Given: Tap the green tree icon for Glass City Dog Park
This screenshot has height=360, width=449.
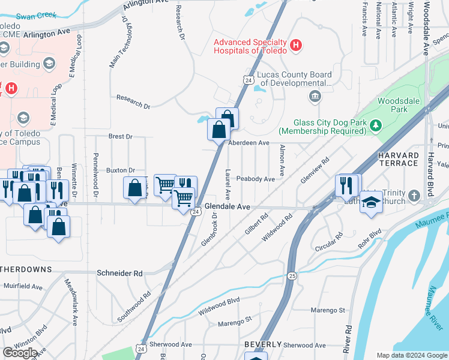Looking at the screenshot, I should pos(376,125).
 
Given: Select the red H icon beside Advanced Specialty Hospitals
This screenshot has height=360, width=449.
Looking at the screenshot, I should pos(295,45).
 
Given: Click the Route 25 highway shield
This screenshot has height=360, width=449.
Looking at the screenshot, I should pos(292,275).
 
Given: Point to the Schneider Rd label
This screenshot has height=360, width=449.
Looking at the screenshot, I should pos(119,273).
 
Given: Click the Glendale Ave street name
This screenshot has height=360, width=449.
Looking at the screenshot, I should pos(227,206).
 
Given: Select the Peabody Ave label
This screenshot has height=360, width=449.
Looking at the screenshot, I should pos(255,179).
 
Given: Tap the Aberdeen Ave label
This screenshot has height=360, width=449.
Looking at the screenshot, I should pos(249,143).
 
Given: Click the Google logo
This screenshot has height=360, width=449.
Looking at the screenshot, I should pos(20,352).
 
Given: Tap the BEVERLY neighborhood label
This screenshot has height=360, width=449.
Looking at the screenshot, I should pos(263,344).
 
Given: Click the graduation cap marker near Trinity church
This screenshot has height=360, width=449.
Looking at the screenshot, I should pos(371,203).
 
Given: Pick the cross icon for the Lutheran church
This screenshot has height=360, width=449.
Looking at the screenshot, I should pos(414,196).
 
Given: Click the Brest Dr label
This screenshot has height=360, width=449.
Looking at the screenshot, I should pos(120,137).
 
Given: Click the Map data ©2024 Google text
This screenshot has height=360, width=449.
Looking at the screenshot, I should pos(411,355).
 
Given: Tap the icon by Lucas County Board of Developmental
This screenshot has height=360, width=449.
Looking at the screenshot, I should pos(315,97).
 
